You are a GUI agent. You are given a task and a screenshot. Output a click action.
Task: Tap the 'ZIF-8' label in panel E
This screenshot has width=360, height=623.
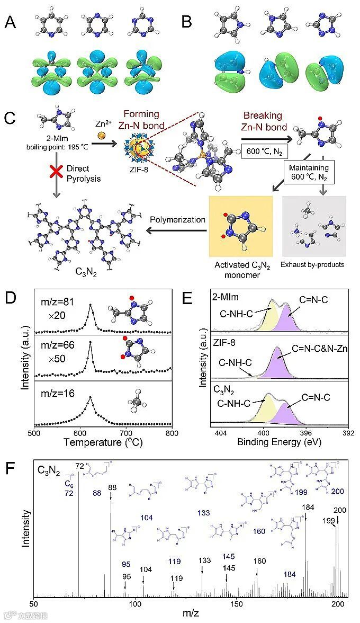coord(221,342)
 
